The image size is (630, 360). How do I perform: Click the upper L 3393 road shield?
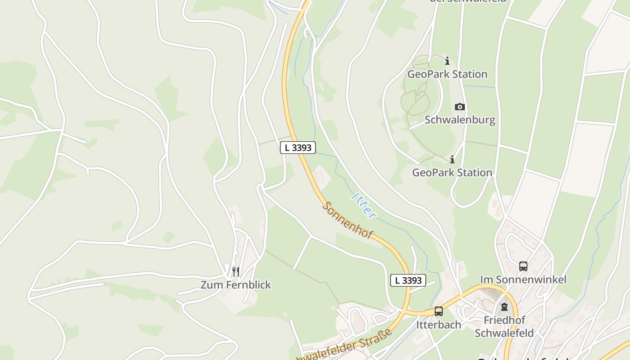pyautogui.click(x=298, y=147)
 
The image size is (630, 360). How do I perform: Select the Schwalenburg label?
pyautogui.click(x=460, y=120)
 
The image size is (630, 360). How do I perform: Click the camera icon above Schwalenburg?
pyautogui.click(x=459, y=107)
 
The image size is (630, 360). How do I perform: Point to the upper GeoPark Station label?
pyautogui.click(x=447, y=74)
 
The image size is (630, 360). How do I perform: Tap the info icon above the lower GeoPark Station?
pyautogui.click(x=452, y=159)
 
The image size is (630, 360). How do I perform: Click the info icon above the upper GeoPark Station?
pyautogui.click(x=447, y=61)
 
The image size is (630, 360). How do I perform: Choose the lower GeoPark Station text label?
pyautogui.click(x=452, y=172)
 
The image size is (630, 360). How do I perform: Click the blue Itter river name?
pyautogui.click(x=364, y=206)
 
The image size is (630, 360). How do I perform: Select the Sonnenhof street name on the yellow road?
pyautogui.click(x=347, y=220)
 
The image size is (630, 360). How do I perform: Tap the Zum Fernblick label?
pyautogui.click(x=236, y=285)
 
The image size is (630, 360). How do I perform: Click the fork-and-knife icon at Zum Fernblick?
pyautogui.click(x=235, y=271)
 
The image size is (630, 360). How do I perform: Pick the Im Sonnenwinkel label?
pyautogui.click(x=523, y=279)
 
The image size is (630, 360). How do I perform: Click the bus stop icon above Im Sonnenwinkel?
pyautogui.click(x=523, y=266)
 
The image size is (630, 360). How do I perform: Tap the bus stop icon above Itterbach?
pyautogui.click(x=438, y=311)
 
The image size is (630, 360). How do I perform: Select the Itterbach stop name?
pyautogui.click(x=438, y=324)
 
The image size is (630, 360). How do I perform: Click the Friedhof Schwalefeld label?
pyautogui.click(x=504, y=327)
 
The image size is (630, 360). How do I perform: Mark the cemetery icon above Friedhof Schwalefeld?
pyautogui.click(x=504, y=307)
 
